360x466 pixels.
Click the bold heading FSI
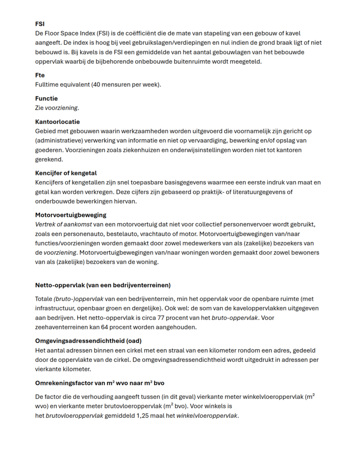[40, 24]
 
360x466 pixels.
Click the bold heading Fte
[40, 75]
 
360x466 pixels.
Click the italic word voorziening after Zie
[61, 108]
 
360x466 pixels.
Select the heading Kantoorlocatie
[57, 122]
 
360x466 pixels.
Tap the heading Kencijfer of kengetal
[66, 173]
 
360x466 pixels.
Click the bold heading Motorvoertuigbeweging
[71, 215]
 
